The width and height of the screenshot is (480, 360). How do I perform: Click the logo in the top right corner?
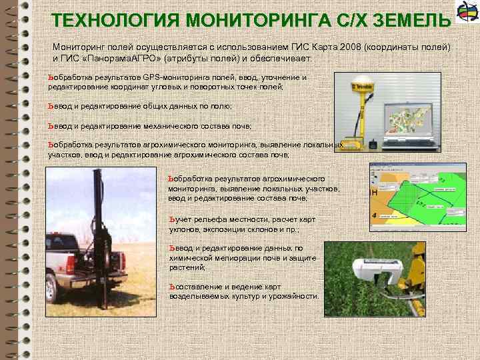click(x=465, y=13)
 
